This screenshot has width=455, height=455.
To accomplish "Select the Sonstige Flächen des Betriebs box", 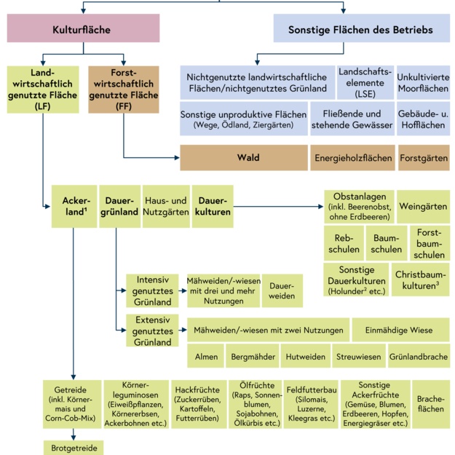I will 361,30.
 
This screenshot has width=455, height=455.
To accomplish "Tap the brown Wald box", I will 243,157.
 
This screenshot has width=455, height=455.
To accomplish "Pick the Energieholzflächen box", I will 352,157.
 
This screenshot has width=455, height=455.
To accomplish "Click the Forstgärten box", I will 424,157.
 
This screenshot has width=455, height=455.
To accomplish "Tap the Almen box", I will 204,357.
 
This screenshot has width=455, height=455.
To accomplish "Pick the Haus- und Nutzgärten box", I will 167,206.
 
